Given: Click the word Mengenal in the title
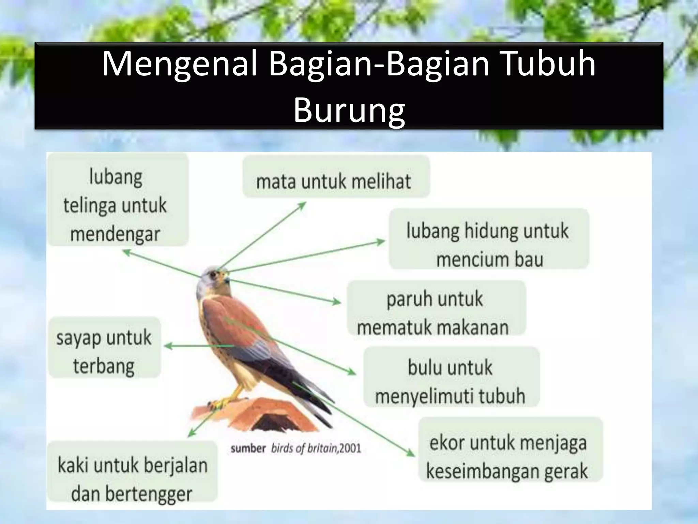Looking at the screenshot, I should coord(179,64).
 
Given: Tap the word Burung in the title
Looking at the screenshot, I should coord(349,110).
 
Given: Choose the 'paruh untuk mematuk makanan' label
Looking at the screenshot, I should coord(435,312).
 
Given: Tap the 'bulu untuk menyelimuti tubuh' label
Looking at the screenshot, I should coord(450,381).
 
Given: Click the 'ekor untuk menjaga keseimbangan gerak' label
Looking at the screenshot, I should coord(508,456).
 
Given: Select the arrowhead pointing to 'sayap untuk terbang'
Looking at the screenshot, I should coord(168,346).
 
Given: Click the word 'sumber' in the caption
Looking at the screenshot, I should coord(248,448).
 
